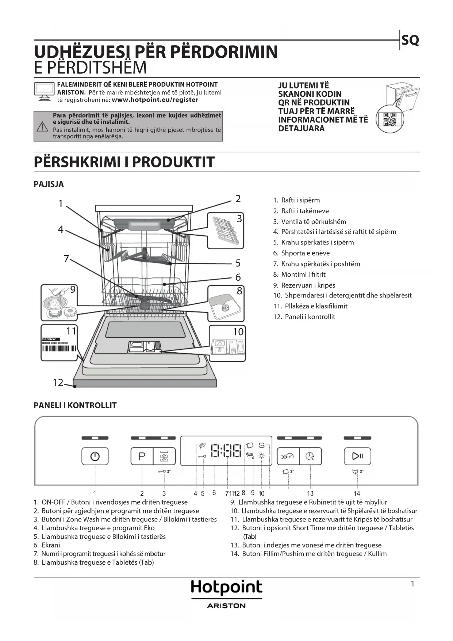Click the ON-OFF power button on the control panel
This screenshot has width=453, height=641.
pos(95,456)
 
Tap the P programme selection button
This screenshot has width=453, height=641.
pos(142,456)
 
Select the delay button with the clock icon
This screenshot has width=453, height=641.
pos(310,456)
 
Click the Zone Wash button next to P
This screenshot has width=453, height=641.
pos(164,456)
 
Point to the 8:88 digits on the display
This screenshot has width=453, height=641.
pos(226,451)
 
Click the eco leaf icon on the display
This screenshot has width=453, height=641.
pos(201,446)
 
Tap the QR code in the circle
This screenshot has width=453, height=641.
pos(390,119)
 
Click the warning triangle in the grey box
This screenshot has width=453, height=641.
pos(42,126)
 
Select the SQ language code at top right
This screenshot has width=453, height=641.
pos(410,40)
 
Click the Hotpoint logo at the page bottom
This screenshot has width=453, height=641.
pos(226,588)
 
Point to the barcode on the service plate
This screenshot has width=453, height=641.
pos(59,348)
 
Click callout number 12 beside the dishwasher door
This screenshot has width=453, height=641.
pos(58,382)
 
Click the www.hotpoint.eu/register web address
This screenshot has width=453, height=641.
pos(155,100)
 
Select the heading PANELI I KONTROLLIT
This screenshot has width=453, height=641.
pos(75,405)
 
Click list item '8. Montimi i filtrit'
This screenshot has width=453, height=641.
pos(299,274)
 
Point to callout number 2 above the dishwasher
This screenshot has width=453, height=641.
pos(238,199)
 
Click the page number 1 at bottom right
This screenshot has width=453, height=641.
pos(412,584)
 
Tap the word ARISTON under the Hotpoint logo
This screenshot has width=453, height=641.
pos(226,606)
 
